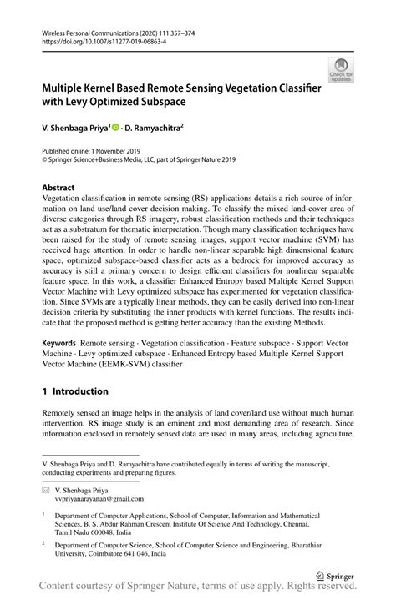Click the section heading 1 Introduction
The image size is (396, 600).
point(75,391)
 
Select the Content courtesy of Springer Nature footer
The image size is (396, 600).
point(198,591)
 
